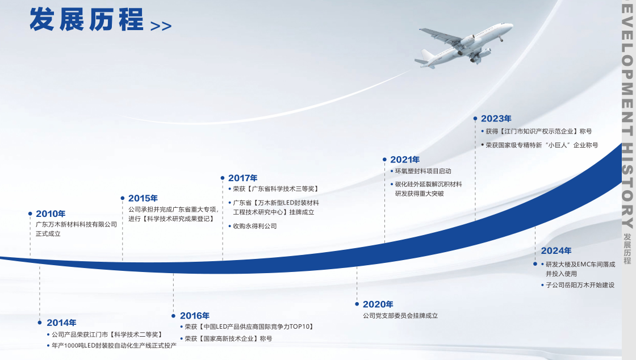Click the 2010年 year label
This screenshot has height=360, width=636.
[51, 214]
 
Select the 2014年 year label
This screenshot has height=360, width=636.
[61, 323]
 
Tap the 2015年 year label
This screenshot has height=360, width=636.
[143, 198]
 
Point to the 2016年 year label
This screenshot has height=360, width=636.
[195, 316]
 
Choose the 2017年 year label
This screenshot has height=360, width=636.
[243, 178]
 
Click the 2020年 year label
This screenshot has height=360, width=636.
[378, 304]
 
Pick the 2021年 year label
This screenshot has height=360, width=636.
[405, 160]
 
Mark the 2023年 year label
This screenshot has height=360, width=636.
[496, 119]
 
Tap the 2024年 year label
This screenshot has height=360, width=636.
[556, 251]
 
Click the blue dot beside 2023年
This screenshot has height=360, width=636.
[475, 119]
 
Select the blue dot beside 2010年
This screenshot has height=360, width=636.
[30, 214]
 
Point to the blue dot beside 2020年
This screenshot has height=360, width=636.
[357, 304]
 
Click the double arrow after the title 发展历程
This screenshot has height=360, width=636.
[161, 26]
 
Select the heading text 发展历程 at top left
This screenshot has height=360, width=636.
[86, 19]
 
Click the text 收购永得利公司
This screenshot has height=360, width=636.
[255, 226]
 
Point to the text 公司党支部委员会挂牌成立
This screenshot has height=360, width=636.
[400, 316]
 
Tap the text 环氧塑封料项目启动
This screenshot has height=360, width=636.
[423, 171]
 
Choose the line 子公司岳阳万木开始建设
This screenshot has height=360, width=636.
[580, 285]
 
